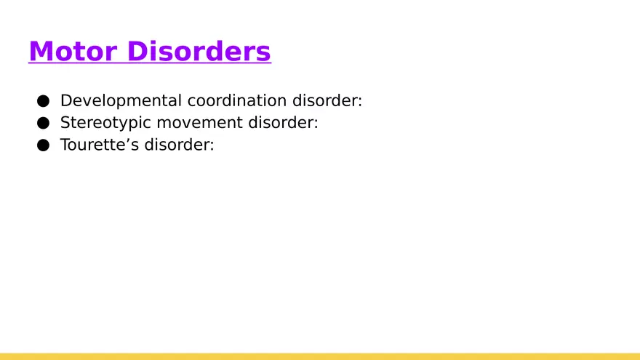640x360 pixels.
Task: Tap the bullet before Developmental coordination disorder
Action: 44,101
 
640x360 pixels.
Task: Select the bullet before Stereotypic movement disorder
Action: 44,123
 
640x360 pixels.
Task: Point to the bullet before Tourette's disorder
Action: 44,145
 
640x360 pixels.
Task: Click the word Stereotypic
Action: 105,123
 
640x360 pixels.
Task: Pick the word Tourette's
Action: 99,145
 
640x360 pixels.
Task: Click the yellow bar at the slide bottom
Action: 320,356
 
